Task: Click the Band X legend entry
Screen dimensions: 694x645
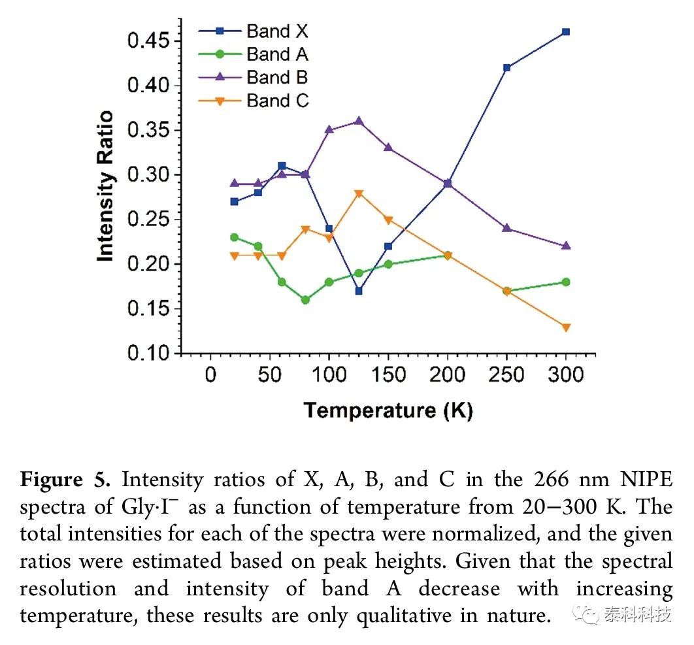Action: [253, 31]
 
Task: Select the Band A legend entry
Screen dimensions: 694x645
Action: [253, 54]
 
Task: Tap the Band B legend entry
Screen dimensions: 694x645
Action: [253, 78]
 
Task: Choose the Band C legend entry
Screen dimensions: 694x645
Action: [253, 101]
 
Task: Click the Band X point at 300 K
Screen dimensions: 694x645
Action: [566, 32]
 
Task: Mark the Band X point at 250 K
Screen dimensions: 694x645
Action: [507, 68]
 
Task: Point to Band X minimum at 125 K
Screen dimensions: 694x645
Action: [359, 291]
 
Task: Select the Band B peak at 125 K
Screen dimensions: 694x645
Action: [359, 120]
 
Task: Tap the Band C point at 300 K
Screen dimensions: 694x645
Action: [566, 327]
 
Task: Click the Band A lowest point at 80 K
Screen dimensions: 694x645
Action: [305, 300]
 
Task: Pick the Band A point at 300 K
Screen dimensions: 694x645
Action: [566, 282]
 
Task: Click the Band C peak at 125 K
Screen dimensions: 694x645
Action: [359, 193]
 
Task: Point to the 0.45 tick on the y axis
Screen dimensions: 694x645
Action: [178, 41]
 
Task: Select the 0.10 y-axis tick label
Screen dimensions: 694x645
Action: [148, 354]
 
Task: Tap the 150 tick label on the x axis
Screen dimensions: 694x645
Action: [388, 375]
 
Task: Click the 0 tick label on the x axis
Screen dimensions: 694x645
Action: [210, 375]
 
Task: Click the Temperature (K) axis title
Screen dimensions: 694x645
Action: [388, 410]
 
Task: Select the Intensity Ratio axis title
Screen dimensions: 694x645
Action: [105, 186]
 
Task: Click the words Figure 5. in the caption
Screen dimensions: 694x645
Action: [65, 480]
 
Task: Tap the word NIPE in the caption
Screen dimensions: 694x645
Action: [647, 480]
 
